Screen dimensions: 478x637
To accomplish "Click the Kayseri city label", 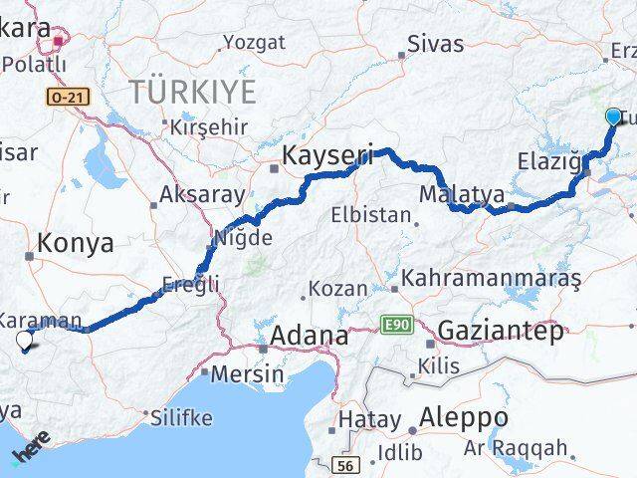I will tap(326, 155).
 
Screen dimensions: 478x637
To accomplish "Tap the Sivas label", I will tap(435, 44).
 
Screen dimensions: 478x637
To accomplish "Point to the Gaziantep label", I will tap(500, 332).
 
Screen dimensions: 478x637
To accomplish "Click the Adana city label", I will tap(309, 336).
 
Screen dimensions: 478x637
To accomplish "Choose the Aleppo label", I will tap(464, 416).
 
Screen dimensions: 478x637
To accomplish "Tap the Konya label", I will tap(75, 242).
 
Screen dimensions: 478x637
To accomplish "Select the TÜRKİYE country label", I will tap(191, 93).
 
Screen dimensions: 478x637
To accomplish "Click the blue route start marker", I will tap(613, 119).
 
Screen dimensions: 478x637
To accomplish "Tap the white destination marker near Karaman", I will tap(25, 342).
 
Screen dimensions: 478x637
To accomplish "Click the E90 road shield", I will tap(394, 325).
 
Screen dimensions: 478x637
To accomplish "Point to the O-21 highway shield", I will tap(62, 96).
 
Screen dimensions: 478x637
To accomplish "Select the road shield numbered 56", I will tap(345, 465).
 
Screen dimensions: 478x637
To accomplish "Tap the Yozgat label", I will tap(254, 42).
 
